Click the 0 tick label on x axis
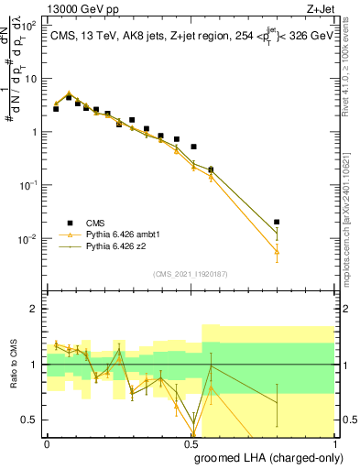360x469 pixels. pyautogui.click(x=47, y=442)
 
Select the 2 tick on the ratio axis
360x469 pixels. pyautogui.click(x=35, y=309)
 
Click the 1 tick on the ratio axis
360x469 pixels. pyautogui.click(x=35, y=365)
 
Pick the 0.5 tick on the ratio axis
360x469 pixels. pyautogui.click(x=31, y=420)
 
